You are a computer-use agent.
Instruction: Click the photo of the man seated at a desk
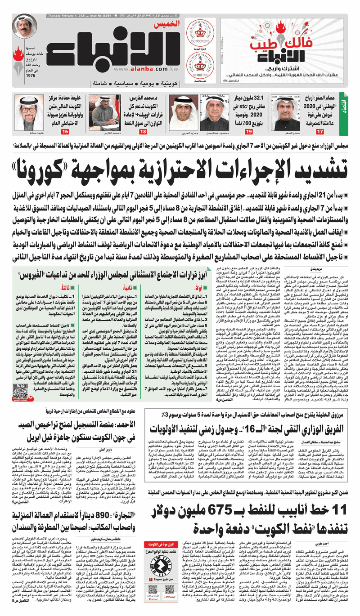point(104,109)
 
